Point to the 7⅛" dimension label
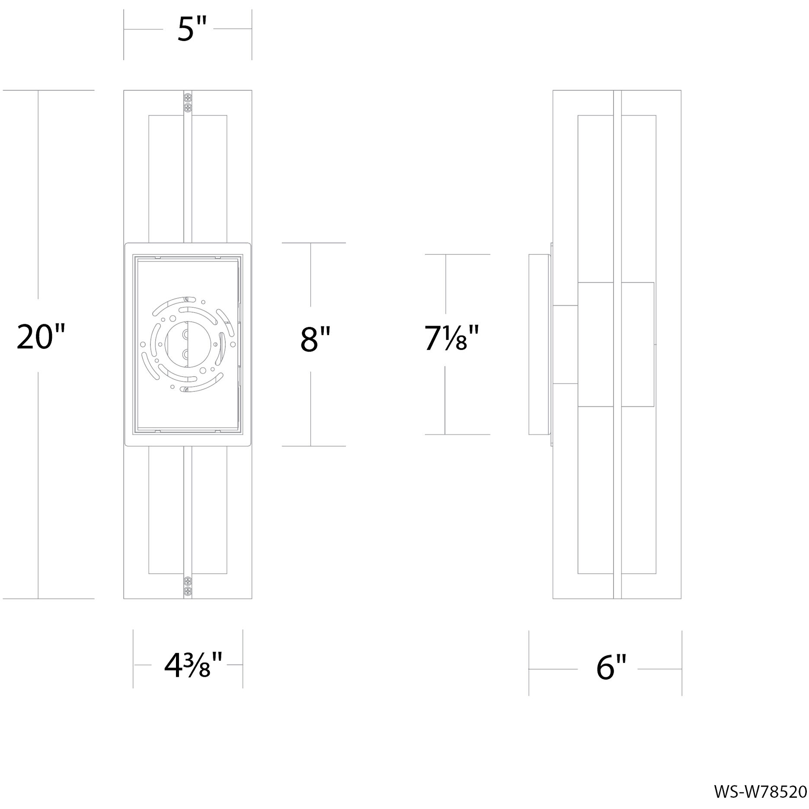click(451, 338)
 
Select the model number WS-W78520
click(760, 792)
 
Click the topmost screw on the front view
click(188, 98)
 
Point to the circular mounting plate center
click(187, 342)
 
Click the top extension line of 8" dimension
click(314, 243)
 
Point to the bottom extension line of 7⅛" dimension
click(457, 434)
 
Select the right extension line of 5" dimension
click(252, 35)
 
